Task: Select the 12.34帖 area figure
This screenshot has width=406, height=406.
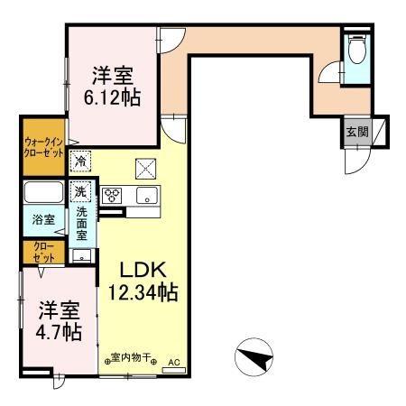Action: tap(143, 292)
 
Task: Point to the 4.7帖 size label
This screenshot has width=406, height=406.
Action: tap(59, 332)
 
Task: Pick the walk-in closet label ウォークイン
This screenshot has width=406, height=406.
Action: tap(42, 141)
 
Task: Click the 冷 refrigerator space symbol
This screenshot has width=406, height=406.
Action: tap(81, 161)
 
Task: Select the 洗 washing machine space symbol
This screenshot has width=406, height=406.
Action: tap(81, 191)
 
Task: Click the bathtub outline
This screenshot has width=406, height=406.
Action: tap(43, 192)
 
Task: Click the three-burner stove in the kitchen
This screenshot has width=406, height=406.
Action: tap(113, 195)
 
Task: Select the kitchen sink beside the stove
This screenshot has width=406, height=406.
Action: tap(143, 195)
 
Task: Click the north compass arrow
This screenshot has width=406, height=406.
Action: tap(254, 357)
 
